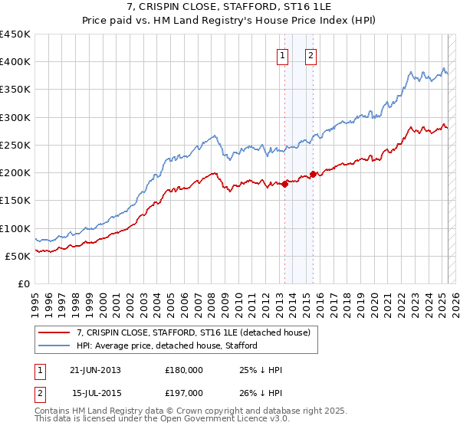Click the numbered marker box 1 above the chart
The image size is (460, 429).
(283, 55)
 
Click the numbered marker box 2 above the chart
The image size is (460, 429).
(311, 55)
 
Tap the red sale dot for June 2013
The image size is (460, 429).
(284, 183)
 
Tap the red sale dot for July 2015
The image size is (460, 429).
(313, 174)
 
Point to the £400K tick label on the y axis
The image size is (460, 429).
(15, 62)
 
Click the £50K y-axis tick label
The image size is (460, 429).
(18, 257)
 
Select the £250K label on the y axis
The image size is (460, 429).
(15, 146)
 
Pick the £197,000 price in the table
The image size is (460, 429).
(184, 393)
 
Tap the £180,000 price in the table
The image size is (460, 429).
(184, 370)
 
